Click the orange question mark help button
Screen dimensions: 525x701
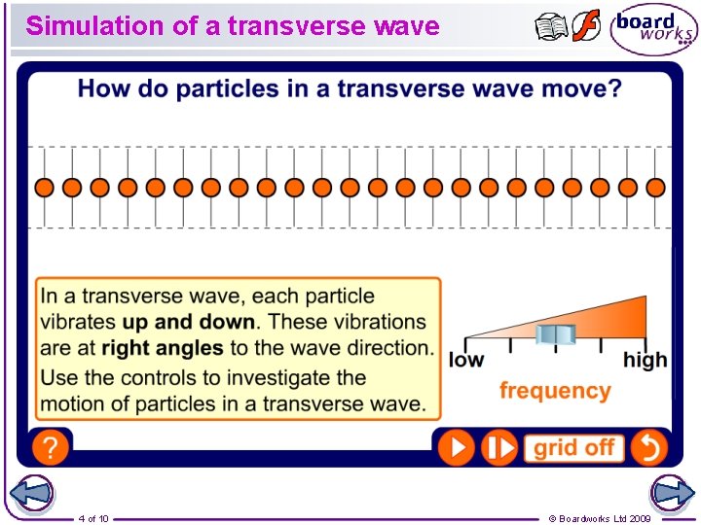pyautogui.click(x=50, y=448)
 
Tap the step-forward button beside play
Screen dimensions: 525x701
pyautogui.click(x=500, y=447)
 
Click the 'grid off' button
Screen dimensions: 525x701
pyautogui.click(x=573, y=447)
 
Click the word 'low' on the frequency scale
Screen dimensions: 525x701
pyautogui.click(x=466, y=361)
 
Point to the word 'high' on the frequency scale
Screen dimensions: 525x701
pyautogui.click(x=645, y=361)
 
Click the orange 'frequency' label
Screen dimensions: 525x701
pyautogui.click(x=555, y=391)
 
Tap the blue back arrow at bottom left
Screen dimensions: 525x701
pyautogui.click(x=31, y=494)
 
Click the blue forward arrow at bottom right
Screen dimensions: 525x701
pyautogui.click(x=672, y=494)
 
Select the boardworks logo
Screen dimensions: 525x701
pyautogui.click(x=653, y=29)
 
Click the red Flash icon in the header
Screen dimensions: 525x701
pyautogui.click(x=586, y=26)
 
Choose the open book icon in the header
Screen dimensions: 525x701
pyautogui.click(x=551, y=27)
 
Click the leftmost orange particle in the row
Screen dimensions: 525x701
pyautogui.click(x=44, y=187)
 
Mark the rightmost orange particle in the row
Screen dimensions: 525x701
pyautogui.click(x=655, y=187)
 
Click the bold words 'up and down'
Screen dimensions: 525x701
pyautogui.click(x=189, y=322)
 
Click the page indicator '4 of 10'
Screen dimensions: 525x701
pyautogui.click(x=93, y=518)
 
